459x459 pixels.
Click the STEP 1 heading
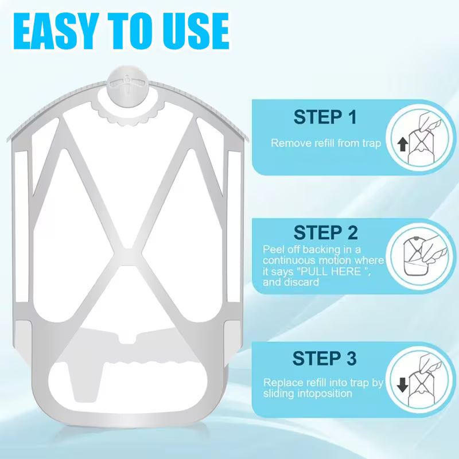[325, 117]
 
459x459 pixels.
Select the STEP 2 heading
[325, 233]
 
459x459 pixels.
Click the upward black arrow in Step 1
[403, 145]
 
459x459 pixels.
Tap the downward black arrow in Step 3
[403, 384]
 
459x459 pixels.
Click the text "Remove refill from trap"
[326, 143]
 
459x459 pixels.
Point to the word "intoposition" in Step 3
[325, 394]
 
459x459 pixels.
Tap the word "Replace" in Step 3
[283, 382]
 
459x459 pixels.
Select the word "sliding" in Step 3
[279, 394]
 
